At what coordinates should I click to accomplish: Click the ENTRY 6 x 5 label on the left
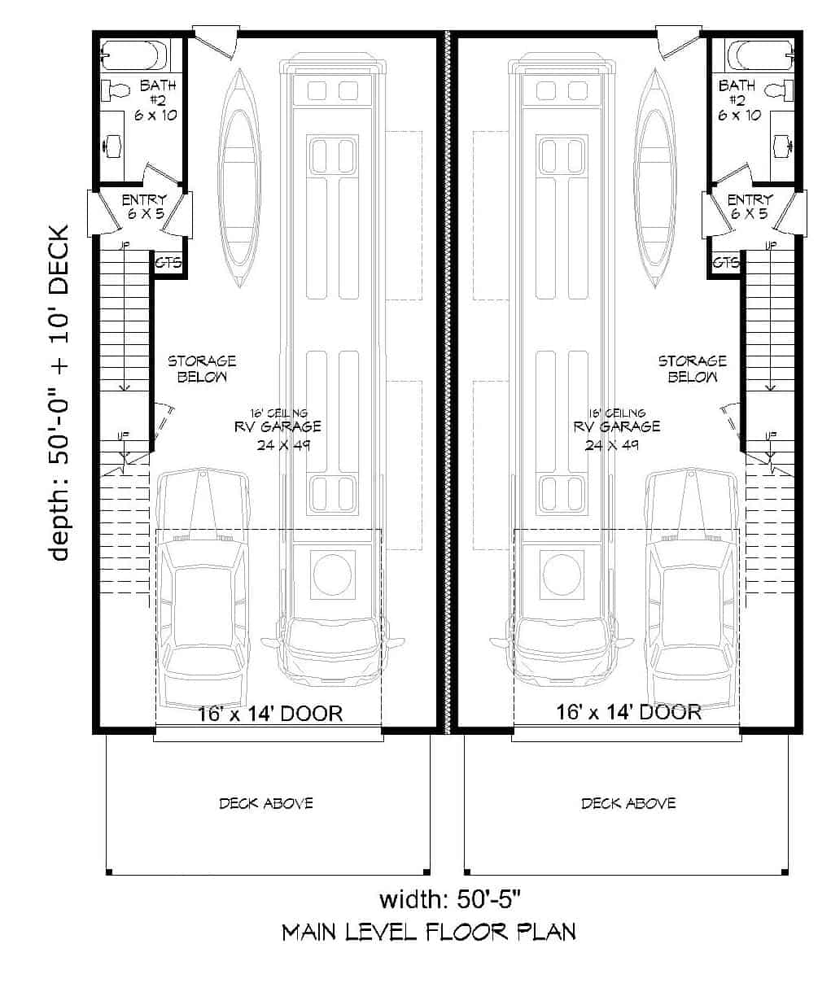point(144,207)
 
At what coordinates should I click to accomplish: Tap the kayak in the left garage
point(238,177)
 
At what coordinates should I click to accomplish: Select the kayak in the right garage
point(655,177)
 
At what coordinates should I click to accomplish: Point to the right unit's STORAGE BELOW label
point(692,369)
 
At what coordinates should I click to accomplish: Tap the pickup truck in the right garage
point(693,586)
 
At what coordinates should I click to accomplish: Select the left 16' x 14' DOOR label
point(270,714)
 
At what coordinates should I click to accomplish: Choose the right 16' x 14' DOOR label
point(628,712)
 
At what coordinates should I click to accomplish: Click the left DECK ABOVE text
point(265,803)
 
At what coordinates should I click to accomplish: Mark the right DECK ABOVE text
point(628,803)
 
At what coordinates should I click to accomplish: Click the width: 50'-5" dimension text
point(449,899)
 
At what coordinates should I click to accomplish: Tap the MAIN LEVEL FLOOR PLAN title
point(429,932)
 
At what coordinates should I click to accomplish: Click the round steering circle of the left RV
point(332,575)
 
